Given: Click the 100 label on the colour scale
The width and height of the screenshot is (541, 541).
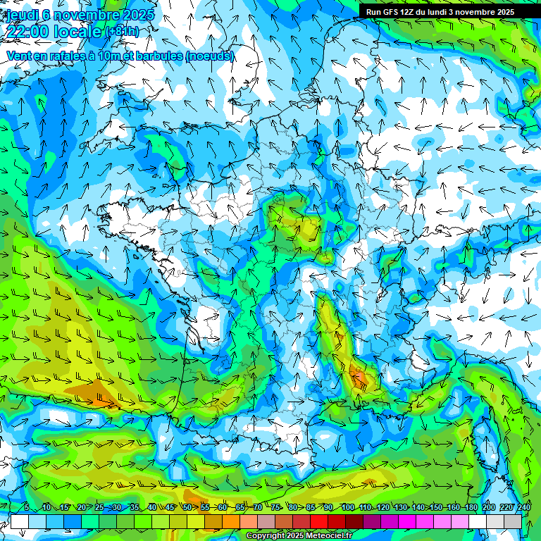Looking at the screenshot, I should (x=347, y=507).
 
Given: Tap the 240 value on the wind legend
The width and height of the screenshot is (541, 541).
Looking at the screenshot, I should (x=524, y=507).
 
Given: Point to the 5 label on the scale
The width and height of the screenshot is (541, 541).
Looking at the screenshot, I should (x=27, y=507).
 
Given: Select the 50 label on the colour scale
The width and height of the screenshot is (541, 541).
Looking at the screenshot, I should (x=187, y=507).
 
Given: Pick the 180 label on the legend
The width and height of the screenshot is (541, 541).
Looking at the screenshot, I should (x=470, y=507).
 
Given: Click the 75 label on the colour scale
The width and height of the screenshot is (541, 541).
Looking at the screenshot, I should (x=275, y=507).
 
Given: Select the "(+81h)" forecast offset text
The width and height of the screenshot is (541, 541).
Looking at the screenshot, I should (x=123, y=32).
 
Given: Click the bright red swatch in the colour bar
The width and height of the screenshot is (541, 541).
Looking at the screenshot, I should (x=319, y=522).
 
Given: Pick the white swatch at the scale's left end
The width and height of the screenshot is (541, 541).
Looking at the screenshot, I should (x=19, y=522).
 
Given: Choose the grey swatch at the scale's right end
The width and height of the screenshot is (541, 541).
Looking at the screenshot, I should (x=513, y=522).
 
